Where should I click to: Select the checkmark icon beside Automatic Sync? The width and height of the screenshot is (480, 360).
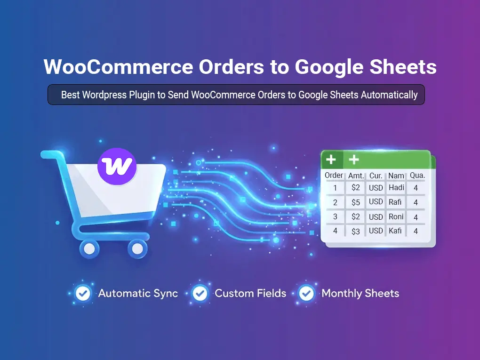83,294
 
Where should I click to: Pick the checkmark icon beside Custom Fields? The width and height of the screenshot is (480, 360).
200,294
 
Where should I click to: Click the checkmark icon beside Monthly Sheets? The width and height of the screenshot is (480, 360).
307,294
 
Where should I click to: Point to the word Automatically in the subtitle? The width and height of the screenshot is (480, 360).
389,95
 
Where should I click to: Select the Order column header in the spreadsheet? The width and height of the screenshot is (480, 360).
334,176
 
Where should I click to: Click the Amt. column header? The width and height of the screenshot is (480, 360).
356,176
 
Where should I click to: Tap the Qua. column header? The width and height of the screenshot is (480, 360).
417,176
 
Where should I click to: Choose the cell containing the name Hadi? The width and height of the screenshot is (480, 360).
396,188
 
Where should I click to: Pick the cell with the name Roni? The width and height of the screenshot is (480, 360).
396,217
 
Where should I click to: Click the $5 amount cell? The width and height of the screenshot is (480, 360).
356,202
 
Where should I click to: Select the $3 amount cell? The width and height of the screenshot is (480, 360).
356,231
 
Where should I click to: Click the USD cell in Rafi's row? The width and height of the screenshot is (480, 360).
376,202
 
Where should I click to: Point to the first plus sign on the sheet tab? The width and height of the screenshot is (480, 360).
331,160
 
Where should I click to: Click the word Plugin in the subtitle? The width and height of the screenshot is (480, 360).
141,95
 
